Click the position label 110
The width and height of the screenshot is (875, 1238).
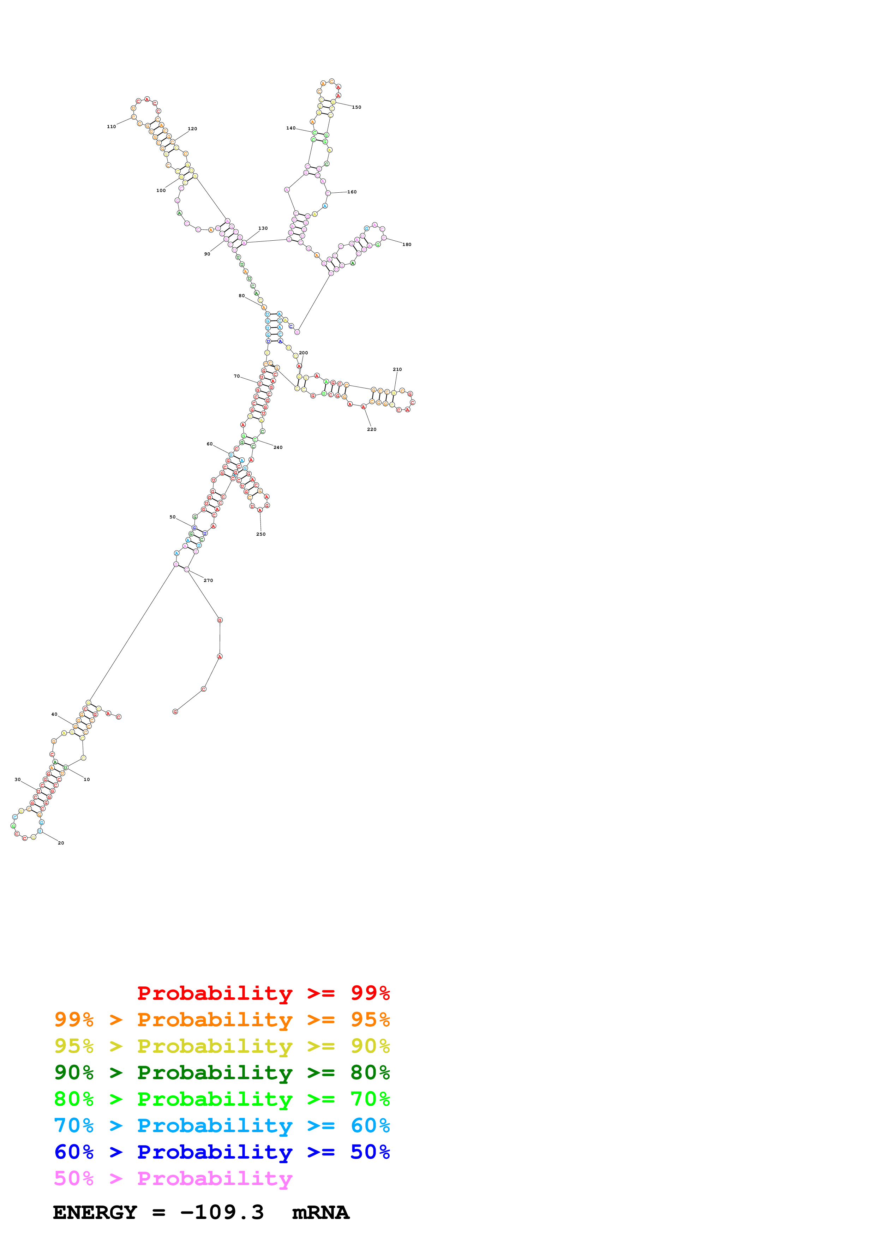(x=111, y=127)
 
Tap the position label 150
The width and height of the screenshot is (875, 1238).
(x=356, y=107)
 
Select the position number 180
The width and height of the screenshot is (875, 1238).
(x=407, y=245)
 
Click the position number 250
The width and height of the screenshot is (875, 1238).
(x=260, y=534)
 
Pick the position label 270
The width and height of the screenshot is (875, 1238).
(x=208, y=581)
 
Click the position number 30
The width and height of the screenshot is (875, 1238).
(x=17, y=780)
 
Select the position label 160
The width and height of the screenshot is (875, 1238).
(x=352, y=192)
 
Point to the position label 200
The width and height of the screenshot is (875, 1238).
(x=304, y=353)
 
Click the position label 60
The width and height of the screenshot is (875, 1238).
(x=209, y=444)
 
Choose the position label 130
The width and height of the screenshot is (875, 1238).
(x=263, y=229)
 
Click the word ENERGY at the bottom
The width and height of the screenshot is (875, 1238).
(x=95, y=1212)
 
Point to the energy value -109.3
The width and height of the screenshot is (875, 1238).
(x=222, y=1212)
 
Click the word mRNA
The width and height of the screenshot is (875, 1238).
(x=321, y=1212)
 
